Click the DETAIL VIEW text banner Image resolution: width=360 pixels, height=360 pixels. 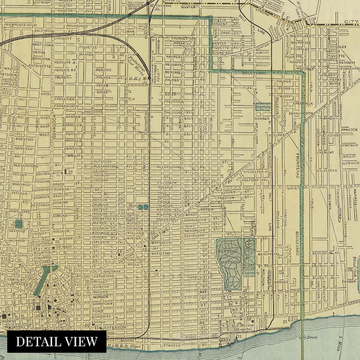click(57, 341)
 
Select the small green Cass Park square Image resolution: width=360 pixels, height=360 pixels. click(19, 224)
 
